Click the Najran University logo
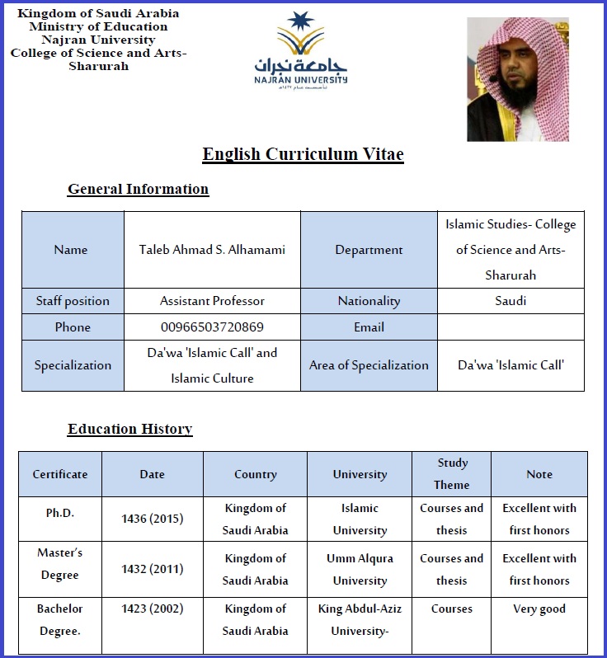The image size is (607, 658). point(300,49)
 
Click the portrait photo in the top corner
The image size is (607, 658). point(518,79)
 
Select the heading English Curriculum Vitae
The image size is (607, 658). point(303,154)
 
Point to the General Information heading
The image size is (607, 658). point(138,189)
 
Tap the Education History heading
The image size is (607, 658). point(129,429)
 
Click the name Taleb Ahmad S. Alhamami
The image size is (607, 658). point(212,250)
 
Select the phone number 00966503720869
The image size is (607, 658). point(212,327)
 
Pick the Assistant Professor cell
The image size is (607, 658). point(212,301)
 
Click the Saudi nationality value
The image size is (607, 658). point(511,301)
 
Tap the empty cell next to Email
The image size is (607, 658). point(511,327)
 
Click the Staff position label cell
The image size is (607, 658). point(73,301)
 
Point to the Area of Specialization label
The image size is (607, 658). point(369,365)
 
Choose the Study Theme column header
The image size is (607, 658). point(452,474)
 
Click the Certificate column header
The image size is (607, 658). point(60,474)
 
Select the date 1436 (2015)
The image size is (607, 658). point(153,519)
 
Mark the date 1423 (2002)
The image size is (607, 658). point(153,609)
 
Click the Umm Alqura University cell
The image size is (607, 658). point(360,569)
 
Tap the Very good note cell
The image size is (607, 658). point(539,609)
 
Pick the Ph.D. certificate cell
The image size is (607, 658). point(60,513)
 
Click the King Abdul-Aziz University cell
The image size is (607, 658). point(360,620)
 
